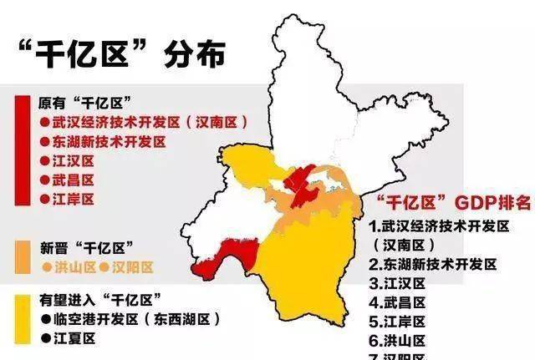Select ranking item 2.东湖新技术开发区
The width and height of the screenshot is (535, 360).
[x=433, y=264]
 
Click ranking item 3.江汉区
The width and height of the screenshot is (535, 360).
[x=398, y=283]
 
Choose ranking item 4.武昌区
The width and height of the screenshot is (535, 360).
[x=398, y=302]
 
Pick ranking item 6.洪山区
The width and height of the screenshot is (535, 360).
[x=398, y=340]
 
